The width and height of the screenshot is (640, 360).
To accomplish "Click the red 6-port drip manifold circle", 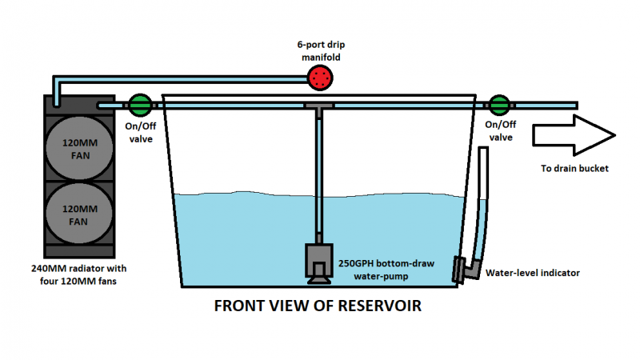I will click(x=320, y=78).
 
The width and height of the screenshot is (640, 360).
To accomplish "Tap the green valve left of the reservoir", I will click(x=140, y=104).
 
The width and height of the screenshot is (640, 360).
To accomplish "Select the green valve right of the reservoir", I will click(x=500, y=104).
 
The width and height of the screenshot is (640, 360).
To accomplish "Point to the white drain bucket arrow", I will click(x=573, y=132).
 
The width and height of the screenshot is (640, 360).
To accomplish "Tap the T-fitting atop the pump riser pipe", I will click(x=319, y=108).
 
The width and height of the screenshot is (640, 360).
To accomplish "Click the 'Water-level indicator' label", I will click(x=533, y=273).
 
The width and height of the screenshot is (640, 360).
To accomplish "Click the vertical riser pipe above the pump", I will click(x=319, y=176).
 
